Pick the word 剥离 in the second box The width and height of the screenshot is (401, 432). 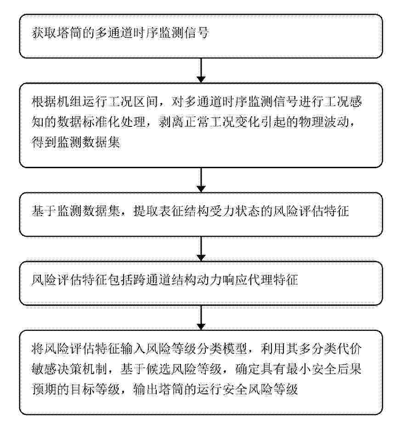pos(171,122)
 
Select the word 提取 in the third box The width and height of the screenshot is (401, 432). pos(146,211)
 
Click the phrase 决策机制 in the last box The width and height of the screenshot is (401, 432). pos(83,369)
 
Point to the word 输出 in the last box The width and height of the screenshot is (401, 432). pos(146,389)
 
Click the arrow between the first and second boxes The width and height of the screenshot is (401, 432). pos(201,70)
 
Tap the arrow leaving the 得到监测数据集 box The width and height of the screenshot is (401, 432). pos(201,180)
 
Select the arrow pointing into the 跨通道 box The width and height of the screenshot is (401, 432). pos(201,249)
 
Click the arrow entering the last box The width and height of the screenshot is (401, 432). pos(201,318)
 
